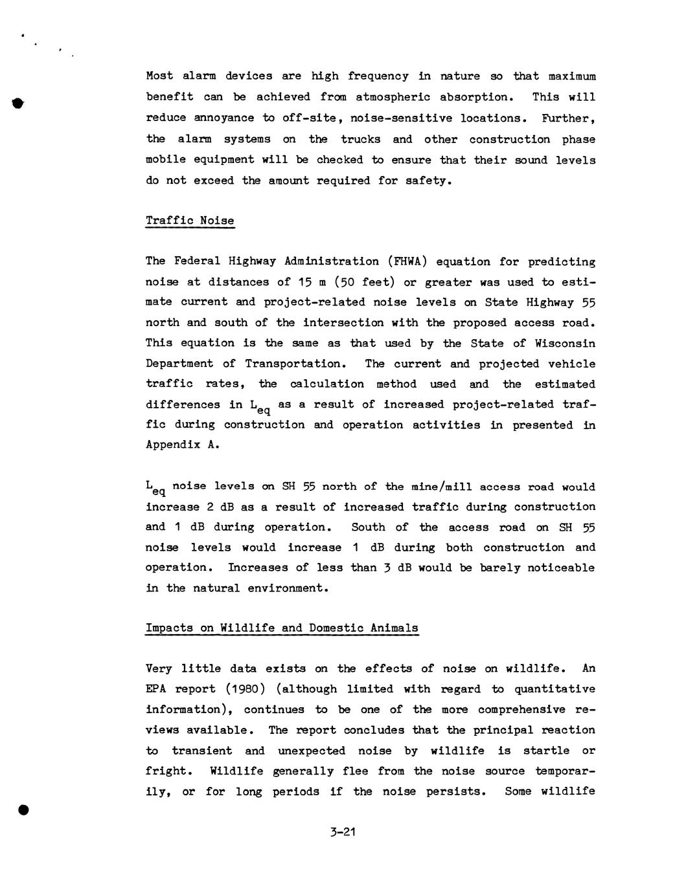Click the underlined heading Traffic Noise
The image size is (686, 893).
[190, 221]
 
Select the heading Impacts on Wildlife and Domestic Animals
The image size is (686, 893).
[282, 628]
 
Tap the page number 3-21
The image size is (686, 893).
[343, 832]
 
